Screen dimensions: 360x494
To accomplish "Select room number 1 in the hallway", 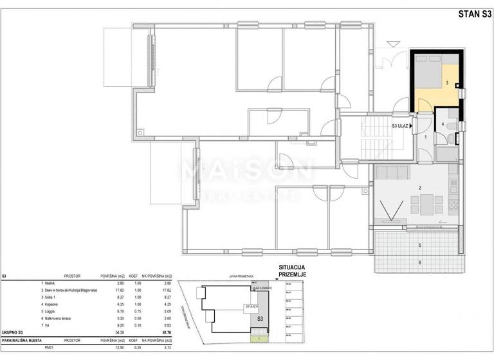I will pos(425,137).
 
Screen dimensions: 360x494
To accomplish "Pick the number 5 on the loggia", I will pos(419,246).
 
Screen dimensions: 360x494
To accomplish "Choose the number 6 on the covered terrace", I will pos(419,262).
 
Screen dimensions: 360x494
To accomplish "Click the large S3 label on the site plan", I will pos(261,318).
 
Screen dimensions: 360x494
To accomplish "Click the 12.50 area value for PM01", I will pos(113,346).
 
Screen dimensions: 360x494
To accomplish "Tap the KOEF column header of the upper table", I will pos(134,274).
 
